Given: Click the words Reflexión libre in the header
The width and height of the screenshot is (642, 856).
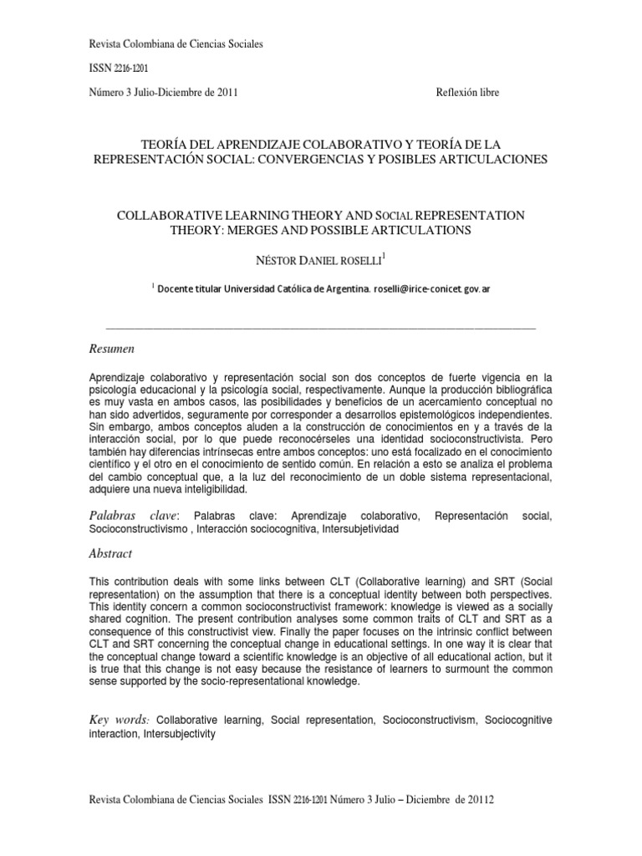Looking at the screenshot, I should coord(467,93).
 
